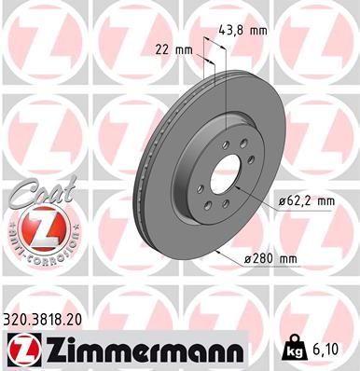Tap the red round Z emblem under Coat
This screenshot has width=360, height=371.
(x=42, y=226)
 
